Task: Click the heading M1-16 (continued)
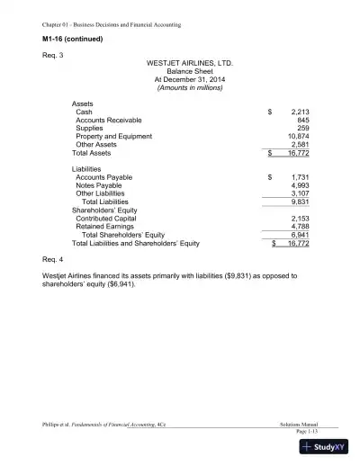73,40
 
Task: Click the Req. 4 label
53,258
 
